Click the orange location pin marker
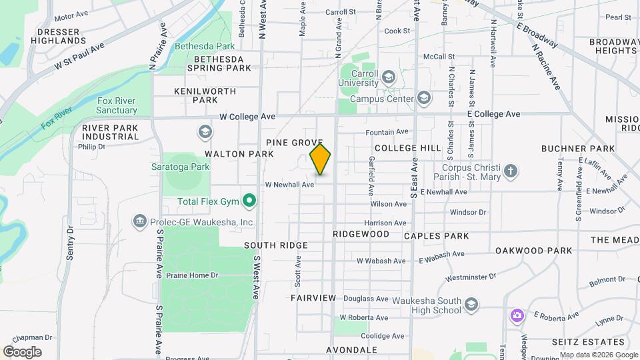coord(321,159)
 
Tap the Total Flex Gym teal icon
coord(249,200)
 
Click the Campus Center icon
coord(423,99)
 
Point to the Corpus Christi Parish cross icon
coord(510,171)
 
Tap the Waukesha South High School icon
coord(471,305)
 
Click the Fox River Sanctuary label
coord(117,105)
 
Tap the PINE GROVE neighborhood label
coord(294,143)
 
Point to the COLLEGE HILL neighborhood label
coord(408,148)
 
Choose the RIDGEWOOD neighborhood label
coord(361,235)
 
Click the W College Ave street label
coord(247,117)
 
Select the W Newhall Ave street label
coord(289,185)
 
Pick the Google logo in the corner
coord(22,351)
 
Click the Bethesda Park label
coord(205,47)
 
